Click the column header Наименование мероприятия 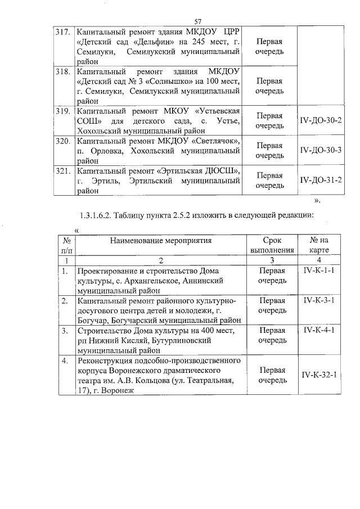click(x=160, y=241)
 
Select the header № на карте click(x=319, y=245)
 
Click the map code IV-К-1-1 click(x=319, y=271)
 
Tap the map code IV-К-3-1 click(x=319, y=300)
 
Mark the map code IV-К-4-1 click(x=319, y=330)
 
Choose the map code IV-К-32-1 click(x=319, y=375)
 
